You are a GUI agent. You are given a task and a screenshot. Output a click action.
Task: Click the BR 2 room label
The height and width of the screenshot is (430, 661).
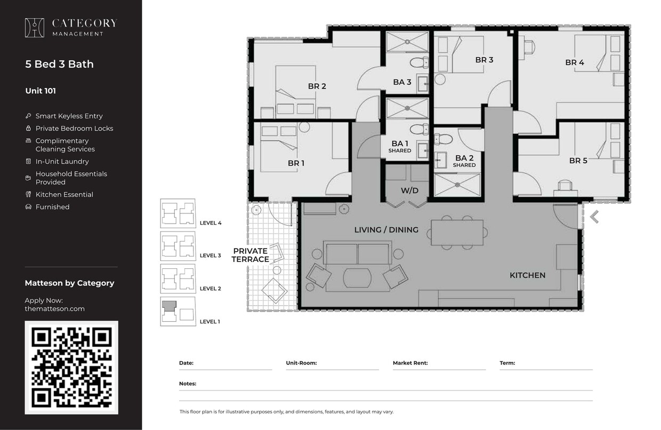tap(317, 86)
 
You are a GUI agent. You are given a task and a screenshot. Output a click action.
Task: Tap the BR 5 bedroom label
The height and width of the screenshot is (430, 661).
tap(578, 160)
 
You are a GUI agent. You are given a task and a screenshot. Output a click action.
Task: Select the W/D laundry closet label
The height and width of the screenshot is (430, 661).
tap(409, 190)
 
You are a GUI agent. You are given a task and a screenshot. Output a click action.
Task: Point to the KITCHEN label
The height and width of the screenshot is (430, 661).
tap(527, 275)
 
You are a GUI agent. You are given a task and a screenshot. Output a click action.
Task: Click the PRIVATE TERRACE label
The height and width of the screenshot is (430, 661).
tap(250, 255)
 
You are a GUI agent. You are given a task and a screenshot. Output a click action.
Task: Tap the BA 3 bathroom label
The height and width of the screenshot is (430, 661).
tap(402, 82)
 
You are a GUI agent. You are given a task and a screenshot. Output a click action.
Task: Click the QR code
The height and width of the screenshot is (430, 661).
tap(71, 367)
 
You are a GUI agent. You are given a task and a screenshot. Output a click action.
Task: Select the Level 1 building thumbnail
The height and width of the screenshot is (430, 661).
tap(178, 311)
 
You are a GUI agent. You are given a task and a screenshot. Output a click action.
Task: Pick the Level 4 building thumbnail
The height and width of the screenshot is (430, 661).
tap(178, 213)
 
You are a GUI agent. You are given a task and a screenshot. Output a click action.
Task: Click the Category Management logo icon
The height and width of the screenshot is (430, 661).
tap(35, 28)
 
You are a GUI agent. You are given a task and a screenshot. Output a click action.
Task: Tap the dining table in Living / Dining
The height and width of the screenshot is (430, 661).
tap(457, 233)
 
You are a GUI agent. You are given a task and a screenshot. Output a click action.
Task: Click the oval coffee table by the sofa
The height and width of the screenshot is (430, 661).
tap(357, 278)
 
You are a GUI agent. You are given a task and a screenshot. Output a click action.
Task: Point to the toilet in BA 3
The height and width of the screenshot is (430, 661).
tap(420, 62)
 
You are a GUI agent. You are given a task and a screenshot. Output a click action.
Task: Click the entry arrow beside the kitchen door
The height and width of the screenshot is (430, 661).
tap(594, 217)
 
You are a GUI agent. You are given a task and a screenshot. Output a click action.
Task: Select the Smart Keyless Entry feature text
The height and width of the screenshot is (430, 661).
tap(69, 116)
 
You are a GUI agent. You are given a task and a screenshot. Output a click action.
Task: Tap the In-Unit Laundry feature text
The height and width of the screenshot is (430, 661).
tap(62, 161)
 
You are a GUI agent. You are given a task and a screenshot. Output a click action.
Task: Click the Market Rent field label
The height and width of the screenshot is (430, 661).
tap(410, 363)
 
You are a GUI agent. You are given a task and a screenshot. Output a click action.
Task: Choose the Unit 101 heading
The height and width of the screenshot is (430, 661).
tap(41, 91)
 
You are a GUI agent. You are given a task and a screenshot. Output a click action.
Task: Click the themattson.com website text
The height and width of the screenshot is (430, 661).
tap(54, 308)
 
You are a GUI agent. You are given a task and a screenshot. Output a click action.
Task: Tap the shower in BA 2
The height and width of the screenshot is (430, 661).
tap(457, 185)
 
